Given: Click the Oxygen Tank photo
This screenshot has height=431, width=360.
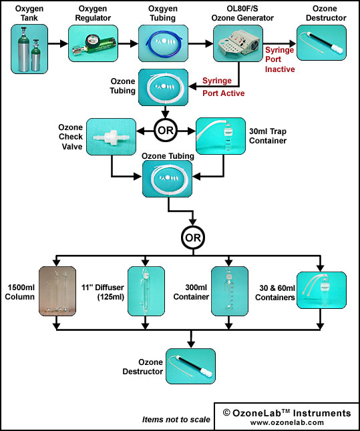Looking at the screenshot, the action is click(x=29, y=49).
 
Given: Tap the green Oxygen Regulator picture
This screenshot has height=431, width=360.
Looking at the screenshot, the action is click(x=93, y=43).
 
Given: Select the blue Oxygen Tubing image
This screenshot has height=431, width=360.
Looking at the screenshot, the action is click(x=163, y=43).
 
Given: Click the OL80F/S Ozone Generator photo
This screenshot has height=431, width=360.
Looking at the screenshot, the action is click(x=238, y=43).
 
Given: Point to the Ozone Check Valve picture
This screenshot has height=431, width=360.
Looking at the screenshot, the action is click(x=111, y=137).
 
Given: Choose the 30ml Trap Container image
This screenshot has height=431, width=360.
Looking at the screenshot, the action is click(x=220, y=136).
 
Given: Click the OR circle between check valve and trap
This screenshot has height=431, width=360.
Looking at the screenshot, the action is click(x=166, y=130).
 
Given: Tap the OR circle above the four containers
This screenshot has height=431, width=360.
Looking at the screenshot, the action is click(x=193, y=238).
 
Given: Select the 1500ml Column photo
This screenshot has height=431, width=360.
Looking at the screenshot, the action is click(x=57, y=291).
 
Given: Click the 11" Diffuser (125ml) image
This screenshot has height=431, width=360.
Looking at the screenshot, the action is click(x=146, y=291).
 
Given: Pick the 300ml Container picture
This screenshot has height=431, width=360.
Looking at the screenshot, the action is click(x=230, y=291).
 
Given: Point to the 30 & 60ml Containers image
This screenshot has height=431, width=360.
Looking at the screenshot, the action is click(x=321, y=290).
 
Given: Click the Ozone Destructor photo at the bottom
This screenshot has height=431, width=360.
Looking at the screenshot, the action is click(x=190, y=366).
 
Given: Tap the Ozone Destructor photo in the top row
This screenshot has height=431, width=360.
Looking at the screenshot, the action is click(x=321, y=43).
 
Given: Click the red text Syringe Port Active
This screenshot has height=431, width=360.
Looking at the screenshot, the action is click(x=224, y=87).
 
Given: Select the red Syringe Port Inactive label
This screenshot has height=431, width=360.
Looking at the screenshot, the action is click(x=280, y=59).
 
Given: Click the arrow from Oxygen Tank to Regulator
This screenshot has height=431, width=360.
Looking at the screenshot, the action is click(x=58, y=43).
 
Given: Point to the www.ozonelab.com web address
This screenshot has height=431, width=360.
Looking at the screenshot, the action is click(x=287, y=422).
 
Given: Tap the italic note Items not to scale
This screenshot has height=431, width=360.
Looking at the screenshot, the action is click(x=176, y=420).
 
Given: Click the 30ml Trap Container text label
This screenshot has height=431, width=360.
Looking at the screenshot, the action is click(x=268, y=136).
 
